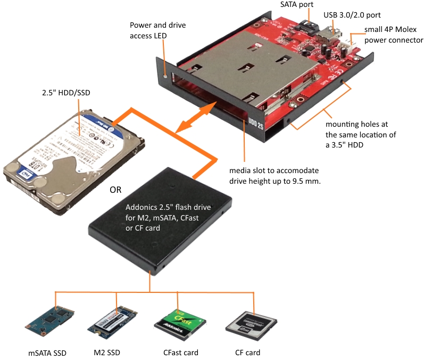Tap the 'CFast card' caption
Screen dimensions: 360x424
[180, 352]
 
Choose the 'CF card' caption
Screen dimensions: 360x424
[247, 352]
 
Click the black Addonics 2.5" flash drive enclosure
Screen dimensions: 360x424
[160, 224]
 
